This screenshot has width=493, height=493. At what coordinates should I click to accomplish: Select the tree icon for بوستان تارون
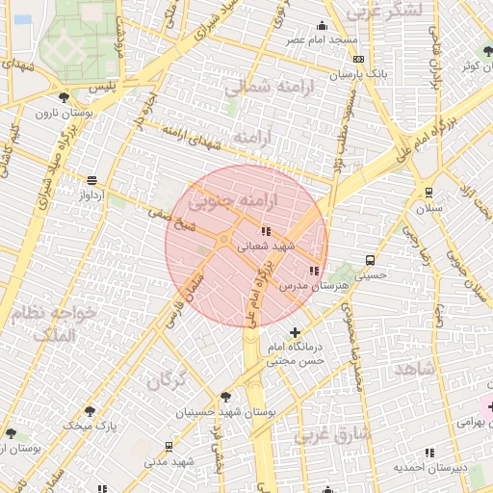click(x=65, y=97)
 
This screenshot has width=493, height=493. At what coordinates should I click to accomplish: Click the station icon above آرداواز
click(x=91, y=180)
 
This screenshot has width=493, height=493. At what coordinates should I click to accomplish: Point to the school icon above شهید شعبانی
click(x=266, y=231)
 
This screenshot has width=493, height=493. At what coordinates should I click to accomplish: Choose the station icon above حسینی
click(x=371, y=260)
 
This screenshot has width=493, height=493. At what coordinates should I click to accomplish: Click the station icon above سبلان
click(x=428, y=192)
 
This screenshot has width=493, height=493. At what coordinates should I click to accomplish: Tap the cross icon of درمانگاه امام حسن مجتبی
click(x=295, y=332)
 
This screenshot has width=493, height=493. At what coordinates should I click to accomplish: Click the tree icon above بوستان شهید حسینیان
click(x=225, y=396)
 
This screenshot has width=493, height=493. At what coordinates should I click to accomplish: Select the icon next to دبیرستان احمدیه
click(x=428, y=452)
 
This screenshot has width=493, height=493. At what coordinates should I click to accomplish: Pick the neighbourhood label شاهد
click(x=415, y=369)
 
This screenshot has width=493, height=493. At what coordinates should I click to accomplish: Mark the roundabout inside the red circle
click(x=223, y=239)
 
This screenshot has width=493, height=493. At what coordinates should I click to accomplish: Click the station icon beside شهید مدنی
click(x=169, y=447)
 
